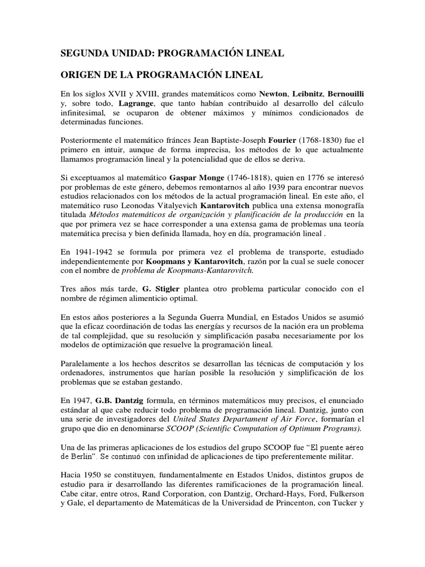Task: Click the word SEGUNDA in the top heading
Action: [82, 54]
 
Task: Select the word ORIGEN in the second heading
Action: [79, 74]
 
